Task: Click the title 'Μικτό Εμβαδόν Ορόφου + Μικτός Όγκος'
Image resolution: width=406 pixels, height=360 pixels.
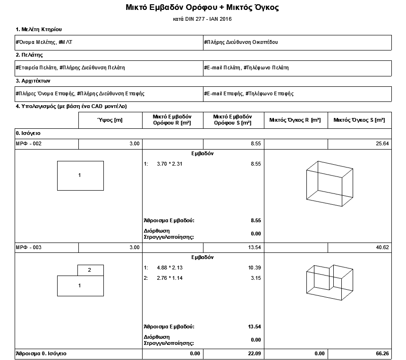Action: coord(203,8)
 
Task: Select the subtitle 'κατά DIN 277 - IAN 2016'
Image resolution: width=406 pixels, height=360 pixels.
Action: coord(203,19)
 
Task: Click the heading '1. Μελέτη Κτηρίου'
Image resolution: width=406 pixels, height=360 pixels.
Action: coord(39,30)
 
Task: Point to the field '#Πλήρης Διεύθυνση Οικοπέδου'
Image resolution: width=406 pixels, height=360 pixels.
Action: coord(241,42)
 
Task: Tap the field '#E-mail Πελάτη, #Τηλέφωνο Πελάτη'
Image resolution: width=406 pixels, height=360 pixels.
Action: coord(246,67)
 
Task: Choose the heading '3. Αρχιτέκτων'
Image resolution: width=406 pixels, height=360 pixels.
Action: coord(36,81)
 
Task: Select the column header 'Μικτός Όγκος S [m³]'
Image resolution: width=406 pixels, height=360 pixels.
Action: coord(359,120)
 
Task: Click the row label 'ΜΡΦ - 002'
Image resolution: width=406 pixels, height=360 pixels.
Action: coord(29,143)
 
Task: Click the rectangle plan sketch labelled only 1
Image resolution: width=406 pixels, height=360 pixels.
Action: coord(80,176)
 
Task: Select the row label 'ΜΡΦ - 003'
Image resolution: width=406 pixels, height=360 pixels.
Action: coord(29,247)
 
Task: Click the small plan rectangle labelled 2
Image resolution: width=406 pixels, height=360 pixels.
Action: coord(90,270)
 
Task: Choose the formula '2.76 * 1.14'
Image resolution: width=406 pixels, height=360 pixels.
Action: coord(170,278)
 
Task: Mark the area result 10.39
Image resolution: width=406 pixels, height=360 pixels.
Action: coord(254,268)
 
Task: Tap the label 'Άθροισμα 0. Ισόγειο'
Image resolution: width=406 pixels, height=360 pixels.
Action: coord(41,353)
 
